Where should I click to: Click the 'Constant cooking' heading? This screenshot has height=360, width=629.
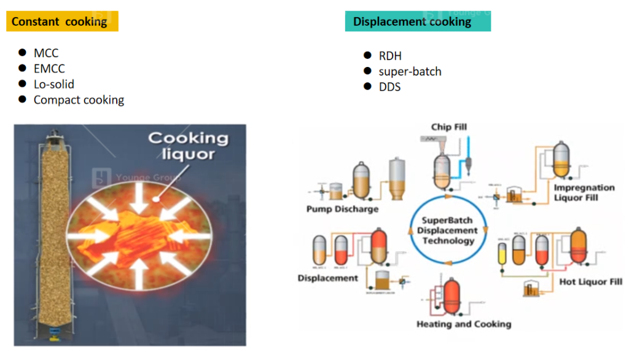(x=60, y=22)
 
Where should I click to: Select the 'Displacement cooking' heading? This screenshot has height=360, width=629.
(x=412, y=22)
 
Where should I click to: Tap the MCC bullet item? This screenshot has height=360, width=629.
(x=46, y=53)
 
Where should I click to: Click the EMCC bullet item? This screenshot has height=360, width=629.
(x=49, y=69)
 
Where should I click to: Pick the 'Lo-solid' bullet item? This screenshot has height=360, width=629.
(x=54, y=84)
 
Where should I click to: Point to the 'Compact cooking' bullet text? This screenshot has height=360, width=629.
(x=79, y=100)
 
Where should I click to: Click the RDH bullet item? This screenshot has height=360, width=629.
(x=390, y=56)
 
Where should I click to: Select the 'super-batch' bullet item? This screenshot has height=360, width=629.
(x=410, y=71)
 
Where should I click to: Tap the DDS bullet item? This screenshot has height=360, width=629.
(x=389, y=87)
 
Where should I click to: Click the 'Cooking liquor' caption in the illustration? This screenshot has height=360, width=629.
(x=188, y=146)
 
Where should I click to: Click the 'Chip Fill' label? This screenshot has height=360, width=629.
(x=449, y=127)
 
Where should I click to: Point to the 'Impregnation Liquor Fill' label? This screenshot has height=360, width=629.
(x=584, y=192)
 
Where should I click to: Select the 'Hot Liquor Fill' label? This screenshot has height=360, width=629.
(x=591, y=282)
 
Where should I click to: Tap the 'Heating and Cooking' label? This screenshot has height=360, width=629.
(x=464, y=324)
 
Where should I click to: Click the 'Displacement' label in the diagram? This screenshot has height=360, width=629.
(x=327, y=278)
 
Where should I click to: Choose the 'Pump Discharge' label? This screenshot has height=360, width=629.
(x=342, y=209)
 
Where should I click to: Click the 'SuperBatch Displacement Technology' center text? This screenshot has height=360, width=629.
(x=448, y=230)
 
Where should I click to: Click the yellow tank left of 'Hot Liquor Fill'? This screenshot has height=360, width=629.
(x=502, y=253)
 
